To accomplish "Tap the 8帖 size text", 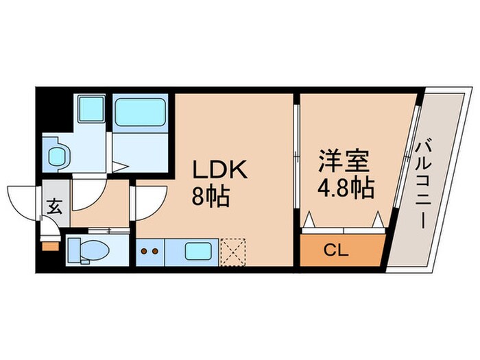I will coord(209,198).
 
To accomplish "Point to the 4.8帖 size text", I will coord(346,188).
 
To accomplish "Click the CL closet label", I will coord(340,250).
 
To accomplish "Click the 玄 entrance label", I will coord(55,204).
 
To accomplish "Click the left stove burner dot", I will coord(145,251).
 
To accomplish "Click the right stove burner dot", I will coord(156,251).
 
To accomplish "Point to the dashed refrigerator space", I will coord(234,250).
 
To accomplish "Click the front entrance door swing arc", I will coord(24,199).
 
